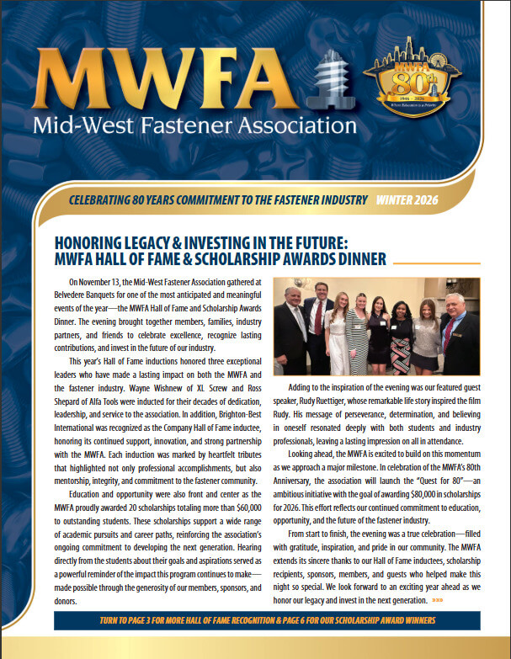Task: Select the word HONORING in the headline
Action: click(93, 241)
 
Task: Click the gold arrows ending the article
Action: click(438, 601)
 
